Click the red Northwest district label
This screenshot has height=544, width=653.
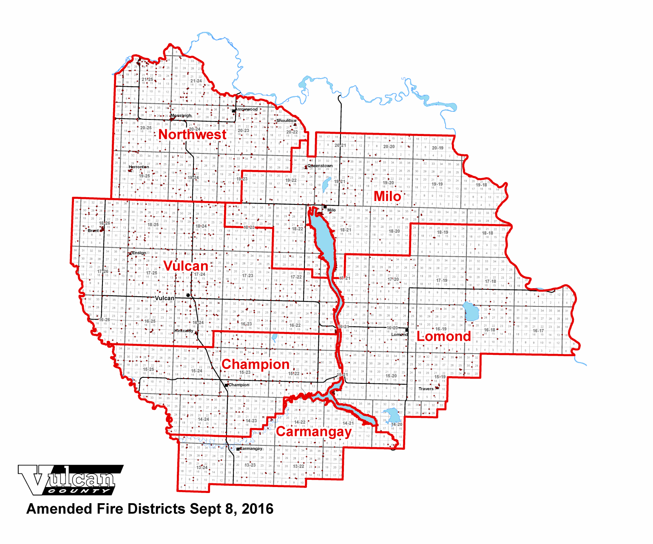point(193,134)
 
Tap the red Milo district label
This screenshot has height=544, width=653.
point(387,196)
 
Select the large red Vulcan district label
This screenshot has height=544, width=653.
point(186,266)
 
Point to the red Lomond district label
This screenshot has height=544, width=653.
point(444,336)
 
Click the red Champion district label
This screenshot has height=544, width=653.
point(256,364)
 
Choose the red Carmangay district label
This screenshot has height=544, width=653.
point(314,432)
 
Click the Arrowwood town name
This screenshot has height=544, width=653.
point(247,109)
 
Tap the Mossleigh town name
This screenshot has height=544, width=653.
point(181,116)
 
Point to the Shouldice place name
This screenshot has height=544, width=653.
point(286,121)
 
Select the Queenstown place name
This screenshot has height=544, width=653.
point(320,166)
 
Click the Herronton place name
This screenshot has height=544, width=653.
point(139,167)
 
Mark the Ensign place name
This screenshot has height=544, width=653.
point(139,253)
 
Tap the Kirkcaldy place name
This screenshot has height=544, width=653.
point(184,331)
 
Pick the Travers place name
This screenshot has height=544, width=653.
point(426,389)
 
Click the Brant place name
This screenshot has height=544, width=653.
point(93,231)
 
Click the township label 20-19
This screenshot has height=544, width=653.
point(437,148)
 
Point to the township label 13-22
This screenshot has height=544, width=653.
point(298,466)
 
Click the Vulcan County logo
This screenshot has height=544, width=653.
point(70,480)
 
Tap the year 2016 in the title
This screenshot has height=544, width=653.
point(258,509)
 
